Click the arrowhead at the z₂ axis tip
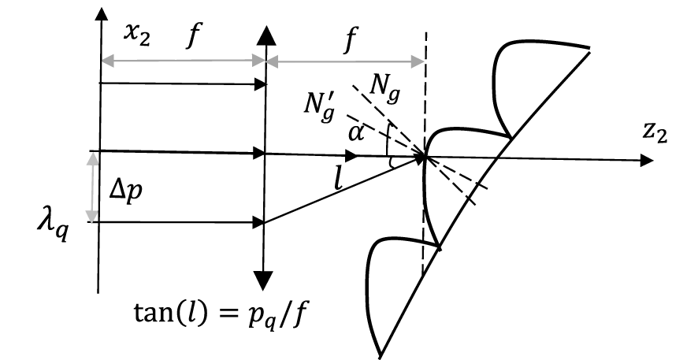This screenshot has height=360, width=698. pos(646,160)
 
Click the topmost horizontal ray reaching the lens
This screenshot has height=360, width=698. pos(182,83)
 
